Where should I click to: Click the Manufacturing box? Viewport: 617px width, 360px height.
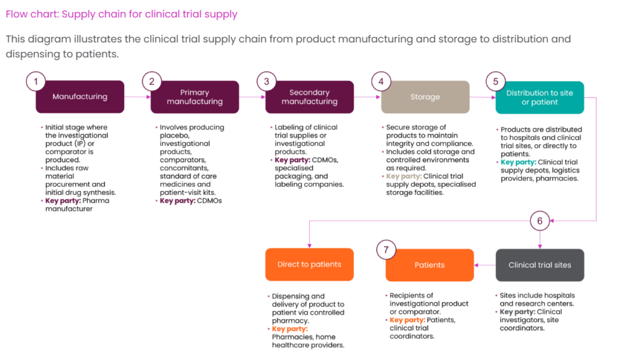pyautogui.click(x=80, y=97)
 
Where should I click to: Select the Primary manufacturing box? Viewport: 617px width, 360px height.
pyautogui.click(x=194, y=97)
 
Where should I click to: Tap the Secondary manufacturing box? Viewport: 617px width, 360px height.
pyautogui.click(x=309, y=97)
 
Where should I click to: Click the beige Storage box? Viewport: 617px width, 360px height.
pyautogui.click(x=425, y=97)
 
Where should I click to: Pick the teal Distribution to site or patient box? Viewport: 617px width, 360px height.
pyautogui.click(x=539, y=98)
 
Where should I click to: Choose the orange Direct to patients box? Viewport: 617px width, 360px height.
pyautogui.click(x=309, y=265)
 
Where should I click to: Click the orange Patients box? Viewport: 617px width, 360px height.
pyautogui.click(x=430, y=265)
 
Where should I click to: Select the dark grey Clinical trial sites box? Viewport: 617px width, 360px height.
pyautogui.click(x=539, y=265)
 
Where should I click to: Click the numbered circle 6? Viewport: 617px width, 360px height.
pyautogui.click(x=539, y=221)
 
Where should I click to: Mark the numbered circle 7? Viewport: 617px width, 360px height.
pyautogui.click(x=386, y=248)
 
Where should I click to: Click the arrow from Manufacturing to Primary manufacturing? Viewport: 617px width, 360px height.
pyautogui.click(x=137, y=97)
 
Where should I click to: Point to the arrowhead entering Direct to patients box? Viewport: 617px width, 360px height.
pyautogui.click(x=309, y=244)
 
